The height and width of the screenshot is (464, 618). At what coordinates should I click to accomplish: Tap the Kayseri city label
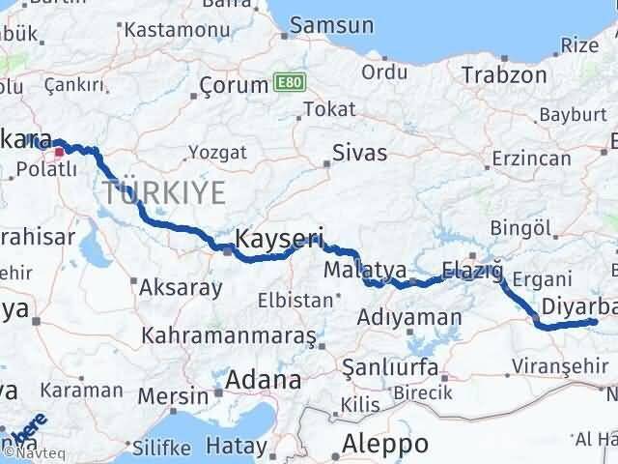point(278,239)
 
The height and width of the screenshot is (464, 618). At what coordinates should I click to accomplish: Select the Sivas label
point(359,153)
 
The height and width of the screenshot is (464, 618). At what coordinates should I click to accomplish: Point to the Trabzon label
point(498,74)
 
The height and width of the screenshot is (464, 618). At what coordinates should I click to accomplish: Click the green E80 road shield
point(287,83)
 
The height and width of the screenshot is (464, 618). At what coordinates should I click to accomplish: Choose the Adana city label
point(263,380)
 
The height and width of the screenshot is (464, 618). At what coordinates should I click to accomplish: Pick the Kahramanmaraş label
point(230,336)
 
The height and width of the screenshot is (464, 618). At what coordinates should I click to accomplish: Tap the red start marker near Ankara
point(60,150)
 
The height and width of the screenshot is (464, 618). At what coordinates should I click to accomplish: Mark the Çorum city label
point(233,85)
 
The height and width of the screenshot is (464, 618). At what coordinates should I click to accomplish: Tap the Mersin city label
point(173,395)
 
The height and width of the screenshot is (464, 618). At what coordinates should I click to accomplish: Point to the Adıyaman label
point(408,317)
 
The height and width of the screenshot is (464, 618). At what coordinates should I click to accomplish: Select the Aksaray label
point(181,286)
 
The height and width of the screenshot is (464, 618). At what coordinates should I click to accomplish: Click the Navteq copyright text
point(31,450)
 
